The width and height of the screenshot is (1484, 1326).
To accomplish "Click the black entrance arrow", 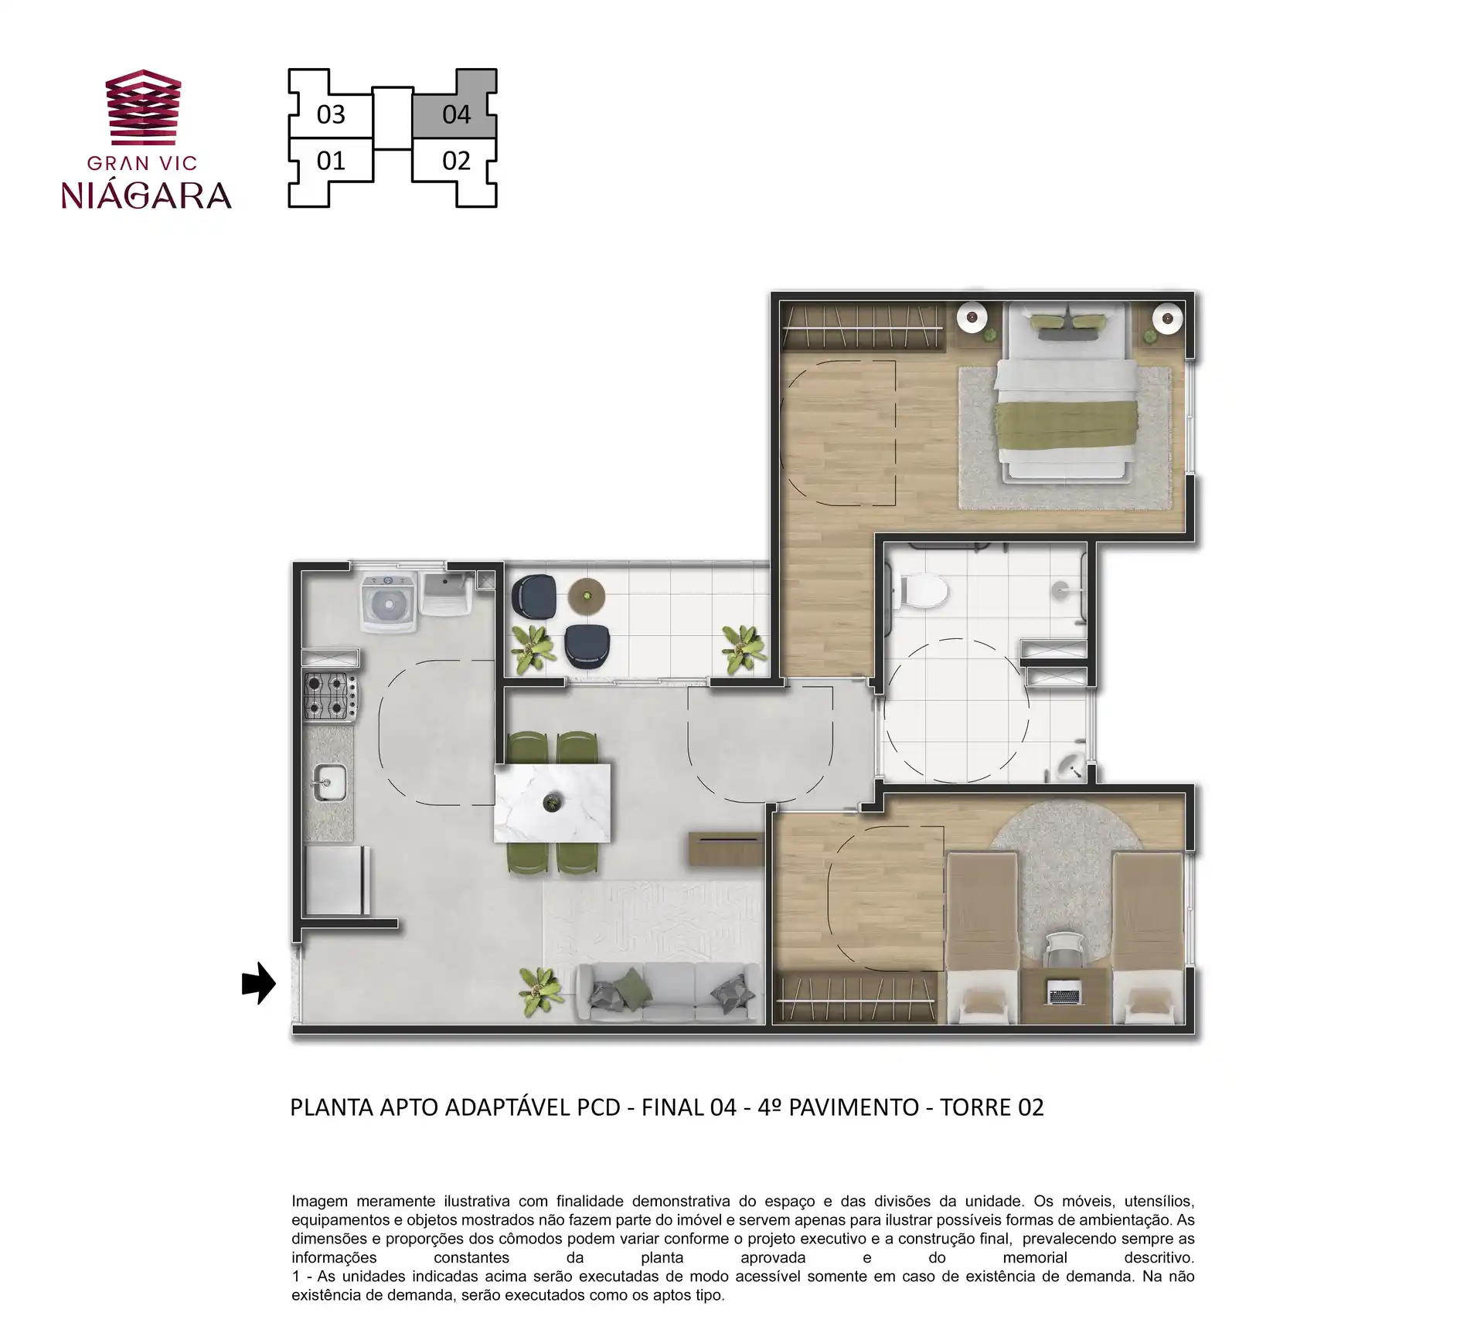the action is (x=259, y=983).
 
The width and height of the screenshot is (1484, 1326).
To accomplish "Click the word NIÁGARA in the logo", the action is (x=146, y=195).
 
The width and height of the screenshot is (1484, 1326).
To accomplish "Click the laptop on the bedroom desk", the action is (x=1066, y=992).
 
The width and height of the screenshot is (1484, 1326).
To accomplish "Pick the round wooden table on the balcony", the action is (x=586, y=594).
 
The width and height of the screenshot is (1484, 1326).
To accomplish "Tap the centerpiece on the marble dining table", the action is (x=552, y=803).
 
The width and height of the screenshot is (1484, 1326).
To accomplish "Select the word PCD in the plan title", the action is (x=598, y=1107).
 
